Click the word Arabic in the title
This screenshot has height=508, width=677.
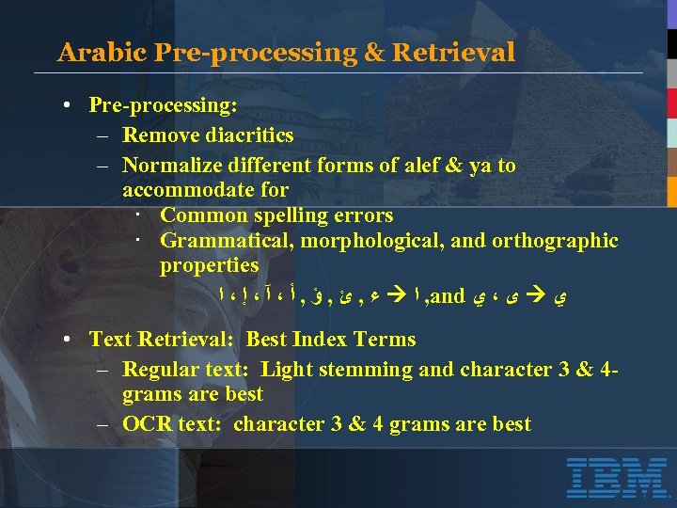pos(89,52)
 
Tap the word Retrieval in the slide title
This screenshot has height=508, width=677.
pos(454,52)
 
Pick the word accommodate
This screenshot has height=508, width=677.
pos(186,190)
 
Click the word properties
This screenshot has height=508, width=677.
pos(209,265)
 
